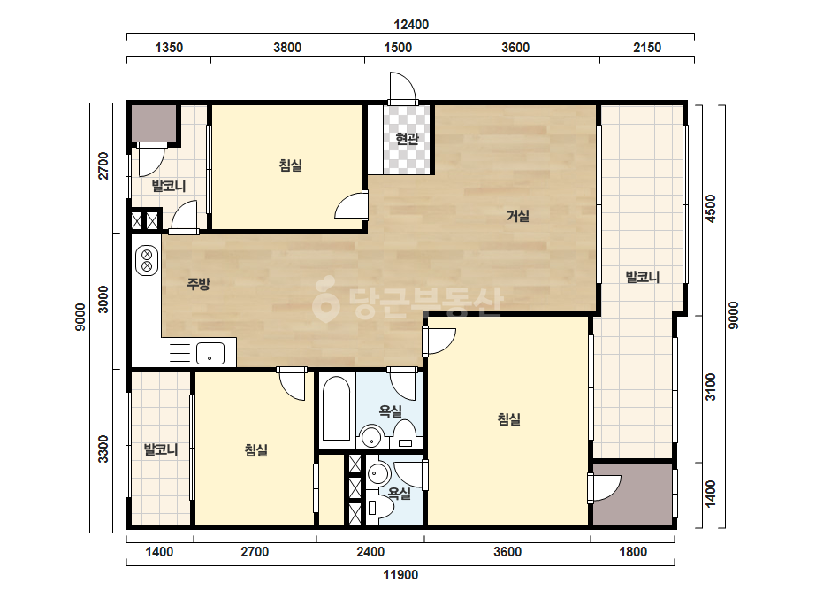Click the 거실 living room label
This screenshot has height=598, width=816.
(518, 215)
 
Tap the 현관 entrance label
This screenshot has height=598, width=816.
(407, 139)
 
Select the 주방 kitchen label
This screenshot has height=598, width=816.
(198, 284)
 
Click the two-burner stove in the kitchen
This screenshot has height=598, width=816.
(147, 260)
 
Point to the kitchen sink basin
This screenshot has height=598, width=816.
(210, 353)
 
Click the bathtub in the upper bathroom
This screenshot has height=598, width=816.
(336, 409)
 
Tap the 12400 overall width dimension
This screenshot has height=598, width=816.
(410, 25)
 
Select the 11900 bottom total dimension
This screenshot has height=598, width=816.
(400, 575)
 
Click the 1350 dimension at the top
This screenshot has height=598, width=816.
(169, 48)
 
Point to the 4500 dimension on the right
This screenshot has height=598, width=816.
(711, 209)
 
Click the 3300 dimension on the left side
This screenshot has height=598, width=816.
(103, 448)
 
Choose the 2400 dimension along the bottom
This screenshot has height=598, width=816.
(370, 552)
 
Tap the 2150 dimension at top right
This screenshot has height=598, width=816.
(647, 48)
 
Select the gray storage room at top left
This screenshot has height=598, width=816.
(153, 124)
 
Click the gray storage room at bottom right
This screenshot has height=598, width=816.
(633, 494)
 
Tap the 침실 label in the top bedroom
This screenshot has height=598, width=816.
(290, 165)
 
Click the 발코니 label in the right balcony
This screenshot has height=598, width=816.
(643, 277)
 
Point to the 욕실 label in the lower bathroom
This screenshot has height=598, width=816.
(400, 493)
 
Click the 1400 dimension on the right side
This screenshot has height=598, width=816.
(711, 494)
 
